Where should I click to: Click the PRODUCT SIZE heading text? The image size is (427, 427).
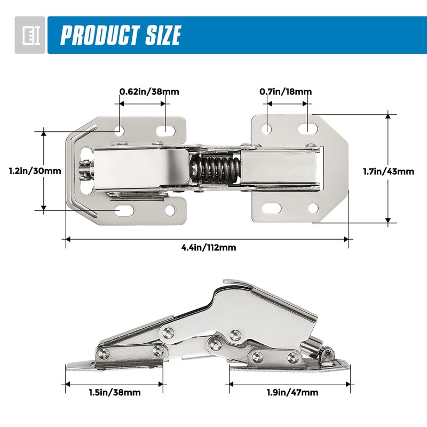point(121,35)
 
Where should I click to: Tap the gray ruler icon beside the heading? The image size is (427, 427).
point(29,35)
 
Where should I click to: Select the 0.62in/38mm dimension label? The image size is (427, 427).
point(149,91)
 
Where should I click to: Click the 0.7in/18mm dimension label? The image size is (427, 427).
point(286,91)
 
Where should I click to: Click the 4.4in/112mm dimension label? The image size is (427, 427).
point(208,247)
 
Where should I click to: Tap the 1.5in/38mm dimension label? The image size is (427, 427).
point(114,392)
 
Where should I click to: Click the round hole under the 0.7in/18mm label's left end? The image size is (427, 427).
point(267,129)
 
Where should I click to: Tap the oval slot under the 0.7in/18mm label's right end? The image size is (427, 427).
point(306,129)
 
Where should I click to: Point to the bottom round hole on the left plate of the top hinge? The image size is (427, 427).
point(170,210)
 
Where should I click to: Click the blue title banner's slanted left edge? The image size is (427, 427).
point(51,35)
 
